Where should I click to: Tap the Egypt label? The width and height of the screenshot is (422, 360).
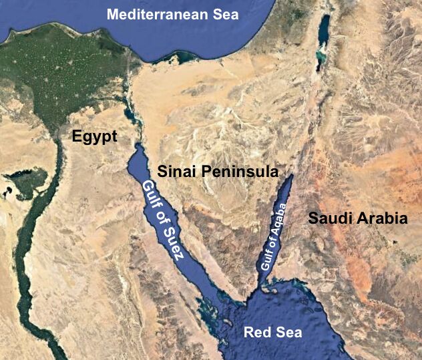tap(94, 138)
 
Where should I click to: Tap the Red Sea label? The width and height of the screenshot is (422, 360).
tap(272, 332)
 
